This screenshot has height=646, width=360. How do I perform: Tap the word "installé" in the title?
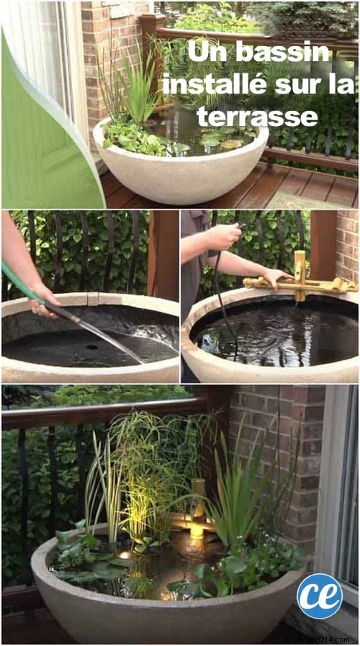[209, 85]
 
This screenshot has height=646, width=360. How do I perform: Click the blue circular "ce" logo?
[319, 596]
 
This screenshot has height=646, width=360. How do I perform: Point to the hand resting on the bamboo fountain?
[274, 277]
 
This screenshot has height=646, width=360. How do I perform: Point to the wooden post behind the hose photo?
[163, 252]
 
